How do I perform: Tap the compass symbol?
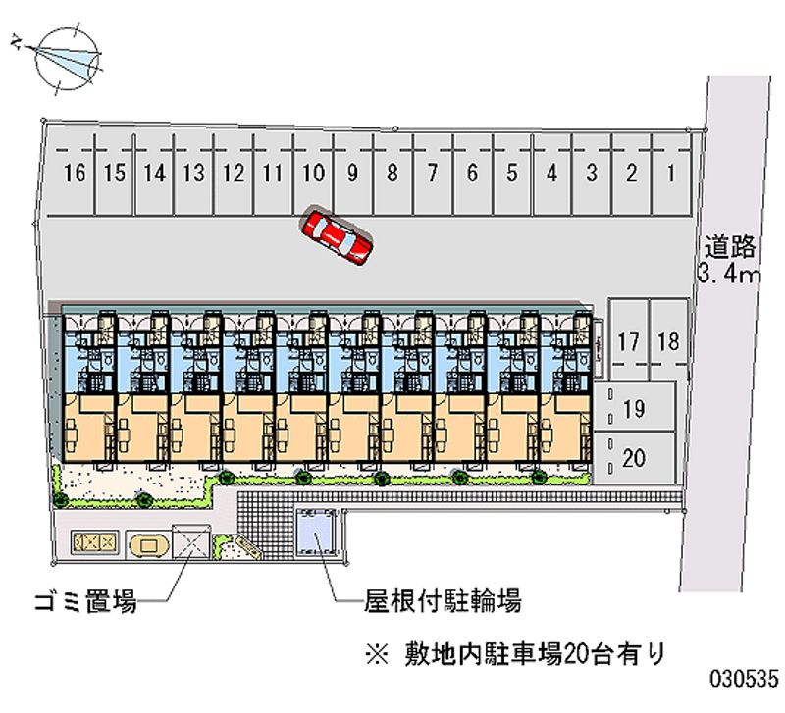tap(64, 58)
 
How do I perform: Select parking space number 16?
tap(75, 175)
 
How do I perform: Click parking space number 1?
tap(671, 175)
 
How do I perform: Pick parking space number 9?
tap(352, 175)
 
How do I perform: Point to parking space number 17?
tap(629, 341)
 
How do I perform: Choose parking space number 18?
tap(668, 341)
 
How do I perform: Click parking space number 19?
tap(634, 409)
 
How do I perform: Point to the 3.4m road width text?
tap(730, 273)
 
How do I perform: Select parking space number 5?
tap(512, 175)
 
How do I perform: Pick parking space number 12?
tap(233, 175)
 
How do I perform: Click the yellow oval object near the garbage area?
tap(147, 542)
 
